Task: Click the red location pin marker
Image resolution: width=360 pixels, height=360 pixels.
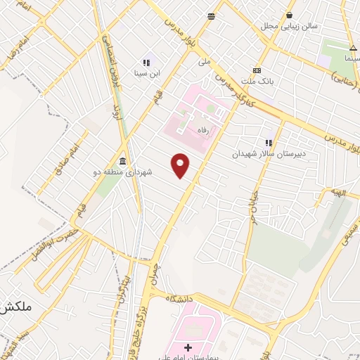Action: point(181,165)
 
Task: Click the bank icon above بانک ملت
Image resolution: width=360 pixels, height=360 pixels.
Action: point(257,71)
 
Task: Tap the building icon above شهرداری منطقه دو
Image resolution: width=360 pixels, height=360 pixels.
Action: point(123,161)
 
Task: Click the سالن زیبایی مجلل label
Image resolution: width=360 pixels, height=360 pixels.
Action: point(290,26)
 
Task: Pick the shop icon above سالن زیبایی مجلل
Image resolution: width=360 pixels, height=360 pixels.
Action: point(289,15)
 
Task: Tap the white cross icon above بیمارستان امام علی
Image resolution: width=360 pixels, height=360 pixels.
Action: point(188,347)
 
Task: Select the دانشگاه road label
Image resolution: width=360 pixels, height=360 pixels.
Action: point(179,299)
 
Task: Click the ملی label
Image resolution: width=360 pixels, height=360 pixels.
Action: point(204,61)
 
